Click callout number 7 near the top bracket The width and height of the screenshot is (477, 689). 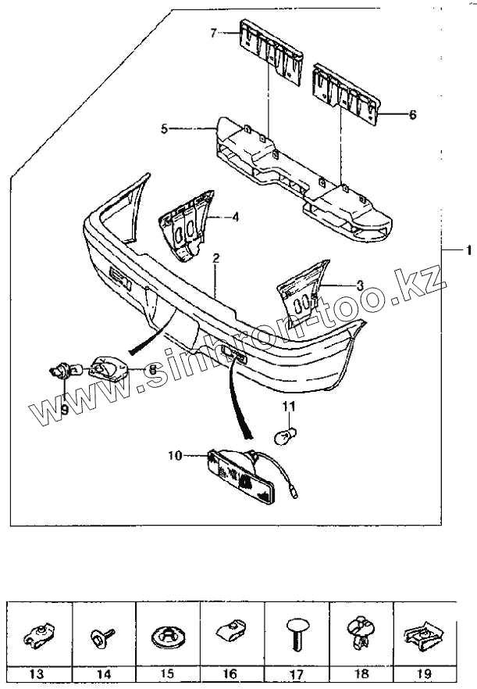[x=213, y=32]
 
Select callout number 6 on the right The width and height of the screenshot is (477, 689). [x=412, y=114]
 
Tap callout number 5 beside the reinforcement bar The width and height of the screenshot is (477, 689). [x=164, y=127]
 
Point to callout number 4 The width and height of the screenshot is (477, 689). [x=235, y=217]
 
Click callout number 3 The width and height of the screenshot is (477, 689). [x=338, y=285]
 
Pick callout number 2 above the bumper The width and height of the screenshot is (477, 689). [x=215, y=257]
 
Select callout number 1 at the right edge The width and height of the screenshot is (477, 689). [x=468, y=250]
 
